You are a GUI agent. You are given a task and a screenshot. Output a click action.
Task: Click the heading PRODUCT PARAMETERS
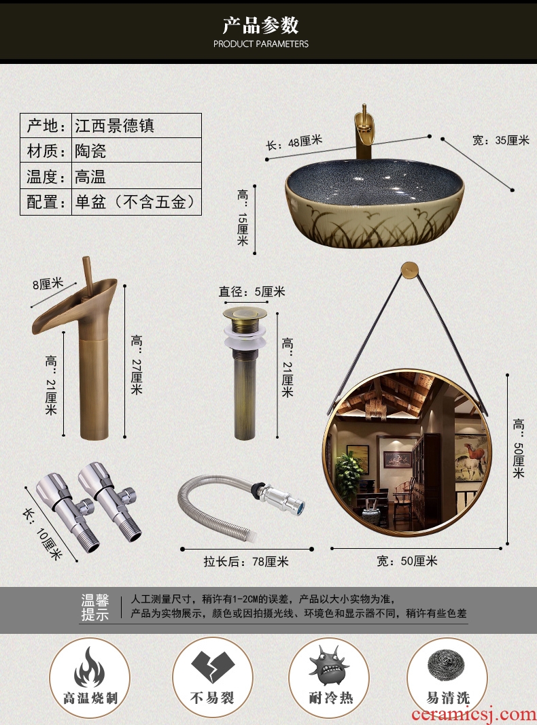pos(260,44)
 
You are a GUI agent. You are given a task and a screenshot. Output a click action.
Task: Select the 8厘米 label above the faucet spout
pos(48,283)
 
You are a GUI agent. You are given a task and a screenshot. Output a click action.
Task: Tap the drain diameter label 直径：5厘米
pos(252,292)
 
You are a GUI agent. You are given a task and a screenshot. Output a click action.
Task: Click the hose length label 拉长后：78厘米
pos(246,561)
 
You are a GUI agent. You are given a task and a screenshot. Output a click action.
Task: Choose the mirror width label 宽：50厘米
pos(407,561)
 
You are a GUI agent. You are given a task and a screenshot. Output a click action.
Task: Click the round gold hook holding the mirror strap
pos(409,269)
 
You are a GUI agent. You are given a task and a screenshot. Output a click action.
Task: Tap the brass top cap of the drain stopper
pos(245,313)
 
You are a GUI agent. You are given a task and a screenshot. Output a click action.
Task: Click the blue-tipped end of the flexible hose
pos(299,506)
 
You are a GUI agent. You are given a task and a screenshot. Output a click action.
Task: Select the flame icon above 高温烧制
pos(89,667)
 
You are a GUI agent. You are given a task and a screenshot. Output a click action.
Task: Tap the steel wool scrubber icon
pos(447,664)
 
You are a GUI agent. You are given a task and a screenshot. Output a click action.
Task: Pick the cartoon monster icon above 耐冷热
pos(328,665)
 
